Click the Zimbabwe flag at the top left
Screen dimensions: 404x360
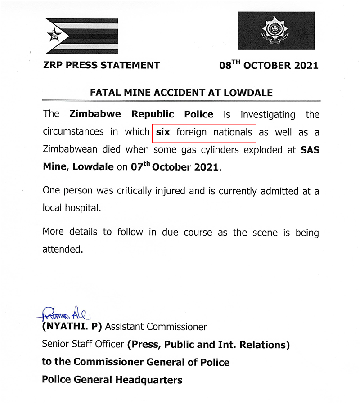(82, 36)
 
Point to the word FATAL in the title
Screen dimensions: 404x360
(105, 93)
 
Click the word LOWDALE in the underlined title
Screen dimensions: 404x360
(250, 93)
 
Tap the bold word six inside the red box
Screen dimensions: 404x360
(163, 132)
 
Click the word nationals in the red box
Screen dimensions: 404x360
(233, 132)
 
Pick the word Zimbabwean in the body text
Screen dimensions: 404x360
(72, 150)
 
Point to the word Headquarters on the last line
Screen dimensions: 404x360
(149, 380)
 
